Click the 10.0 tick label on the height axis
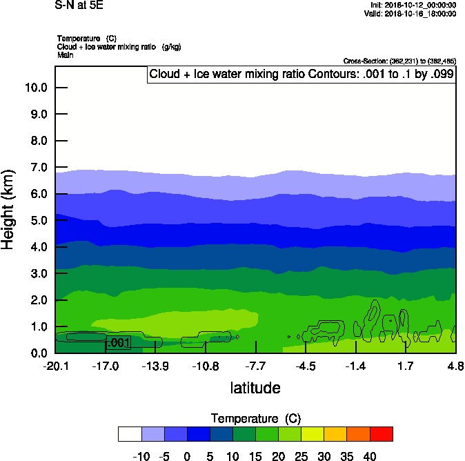(34, 88)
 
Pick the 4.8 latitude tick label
(455, 365)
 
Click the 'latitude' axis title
(255, 388)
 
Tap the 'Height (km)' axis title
(9, 209)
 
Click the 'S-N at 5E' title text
(79, 6)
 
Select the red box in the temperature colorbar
(382, 433)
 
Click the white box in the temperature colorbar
(130, 433)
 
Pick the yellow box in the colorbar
(313, 433)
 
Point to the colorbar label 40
(370, 457)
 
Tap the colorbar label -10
(141, 457)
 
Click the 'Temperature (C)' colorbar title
(255, 419)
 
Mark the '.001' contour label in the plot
(118, 342)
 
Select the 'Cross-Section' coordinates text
(399, 61)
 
